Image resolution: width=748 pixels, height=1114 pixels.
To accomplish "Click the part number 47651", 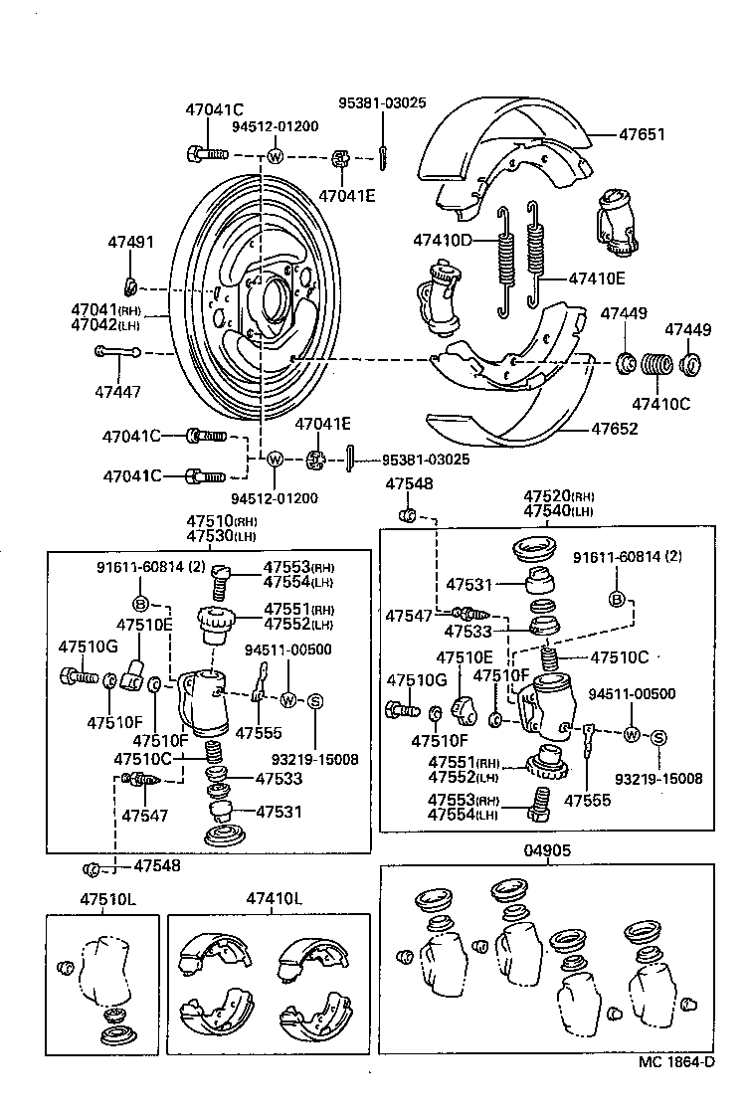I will pyautogui.click(x=642, y=134).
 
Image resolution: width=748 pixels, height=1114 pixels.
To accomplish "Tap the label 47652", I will pyautogui.click(x=614, y=430).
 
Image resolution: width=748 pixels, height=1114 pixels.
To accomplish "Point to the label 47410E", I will pyautogui.click(x=597, y=278).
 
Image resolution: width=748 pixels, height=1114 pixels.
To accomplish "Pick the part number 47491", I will pyautogui.click(x=130, y=243).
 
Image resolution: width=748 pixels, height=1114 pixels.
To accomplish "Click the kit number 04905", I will pyautogui.click(x=546, y=850).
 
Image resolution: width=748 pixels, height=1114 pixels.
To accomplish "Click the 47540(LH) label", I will pyautogui.click(x=559, y=511).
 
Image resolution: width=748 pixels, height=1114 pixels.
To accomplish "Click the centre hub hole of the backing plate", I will pyautogui.click(x=273, y=296).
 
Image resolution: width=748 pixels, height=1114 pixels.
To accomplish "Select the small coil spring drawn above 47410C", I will pyautogui.click(x=654, y=367).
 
